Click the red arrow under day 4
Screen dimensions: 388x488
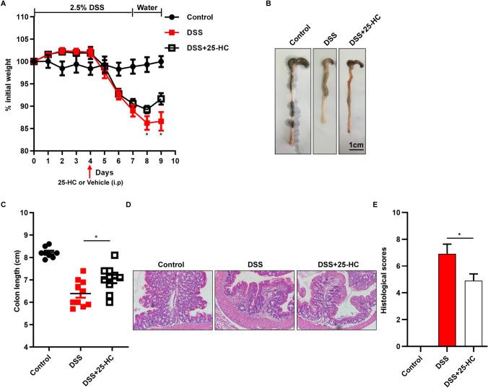pyautogui.click(x=90, y=173)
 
